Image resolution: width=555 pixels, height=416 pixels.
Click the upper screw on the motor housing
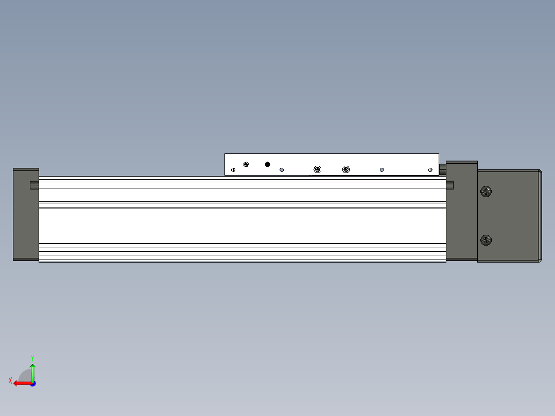(x=485, y=192)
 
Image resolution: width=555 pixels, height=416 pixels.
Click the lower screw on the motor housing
(x=485, y=240)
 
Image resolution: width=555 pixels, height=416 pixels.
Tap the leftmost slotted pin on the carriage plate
(x=233, y=170)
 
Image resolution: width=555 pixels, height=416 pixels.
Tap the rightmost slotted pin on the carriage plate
(x=430, y=170)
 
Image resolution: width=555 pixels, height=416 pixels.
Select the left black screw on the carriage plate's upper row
(x=246, y=164)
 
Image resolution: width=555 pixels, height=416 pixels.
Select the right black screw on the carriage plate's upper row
(x=267, y=164)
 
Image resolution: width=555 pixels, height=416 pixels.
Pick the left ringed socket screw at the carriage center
(x=317, y=169)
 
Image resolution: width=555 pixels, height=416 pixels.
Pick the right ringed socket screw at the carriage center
(x=346, y=169)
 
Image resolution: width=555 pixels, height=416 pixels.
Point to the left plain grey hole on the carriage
(x=282, y=169)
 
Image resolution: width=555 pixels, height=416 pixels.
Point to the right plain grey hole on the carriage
(x=381, y=169)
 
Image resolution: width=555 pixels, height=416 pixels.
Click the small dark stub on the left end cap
(x=34, y=185)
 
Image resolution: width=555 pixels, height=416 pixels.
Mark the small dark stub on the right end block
(x=450, y=185)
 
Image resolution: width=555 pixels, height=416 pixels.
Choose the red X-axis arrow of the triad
(x=21, y=383)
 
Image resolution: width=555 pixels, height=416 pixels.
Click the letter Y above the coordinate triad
(x=32, y=357)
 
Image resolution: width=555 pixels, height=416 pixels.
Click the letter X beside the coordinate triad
(x=10, y=380)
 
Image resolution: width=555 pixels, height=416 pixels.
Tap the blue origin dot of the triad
(x=32, y=384)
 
